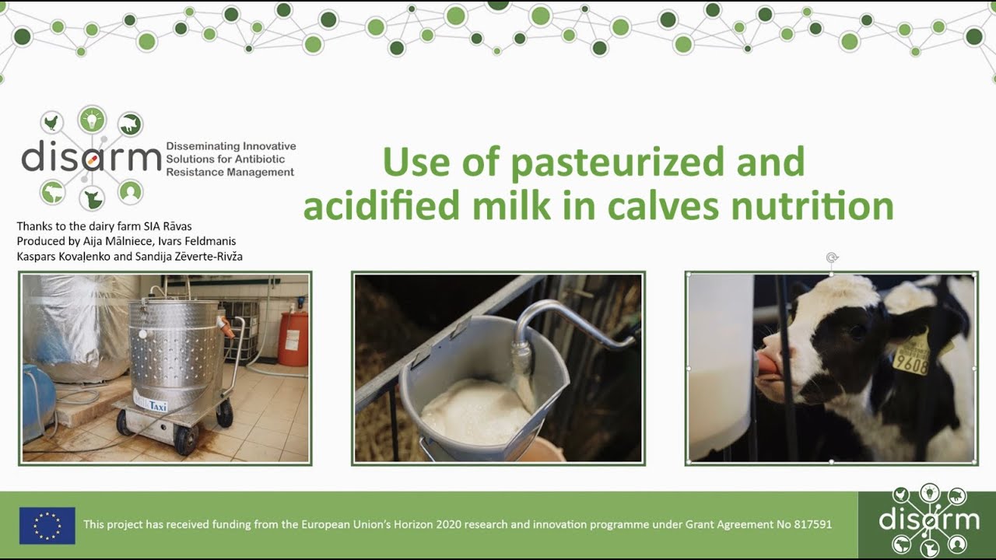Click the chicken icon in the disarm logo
(52, 123)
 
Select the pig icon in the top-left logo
(131, 123)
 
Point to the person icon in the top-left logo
(131, 191)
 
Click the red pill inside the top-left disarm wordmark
(92, 159)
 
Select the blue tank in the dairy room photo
(37, 403)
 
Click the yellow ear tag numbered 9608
(911, 359)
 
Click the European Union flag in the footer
(47, 525)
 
